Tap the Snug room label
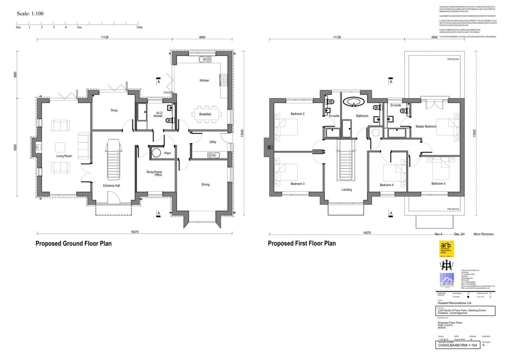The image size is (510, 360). click(x=114, y=110)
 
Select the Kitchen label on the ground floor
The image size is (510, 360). click(x=204, y=81)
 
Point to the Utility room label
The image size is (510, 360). click(x=213, y=142)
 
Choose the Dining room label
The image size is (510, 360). click(x=205, y=184)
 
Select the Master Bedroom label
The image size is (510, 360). click(x=426, y=126)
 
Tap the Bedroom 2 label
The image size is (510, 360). click(x=297, y=114)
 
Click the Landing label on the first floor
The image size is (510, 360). click(x=346, y=189)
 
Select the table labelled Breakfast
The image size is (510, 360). click(x=205, y=114)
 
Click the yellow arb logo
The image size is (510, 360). click(x=446, y=248)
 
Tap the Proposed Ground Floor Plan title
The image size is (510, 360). click(x=73, y=243)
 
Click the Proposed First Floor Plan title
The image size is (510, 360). click(x=301, y=243)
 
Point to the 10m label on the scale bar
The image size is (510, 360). click(x=139, y=28)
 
